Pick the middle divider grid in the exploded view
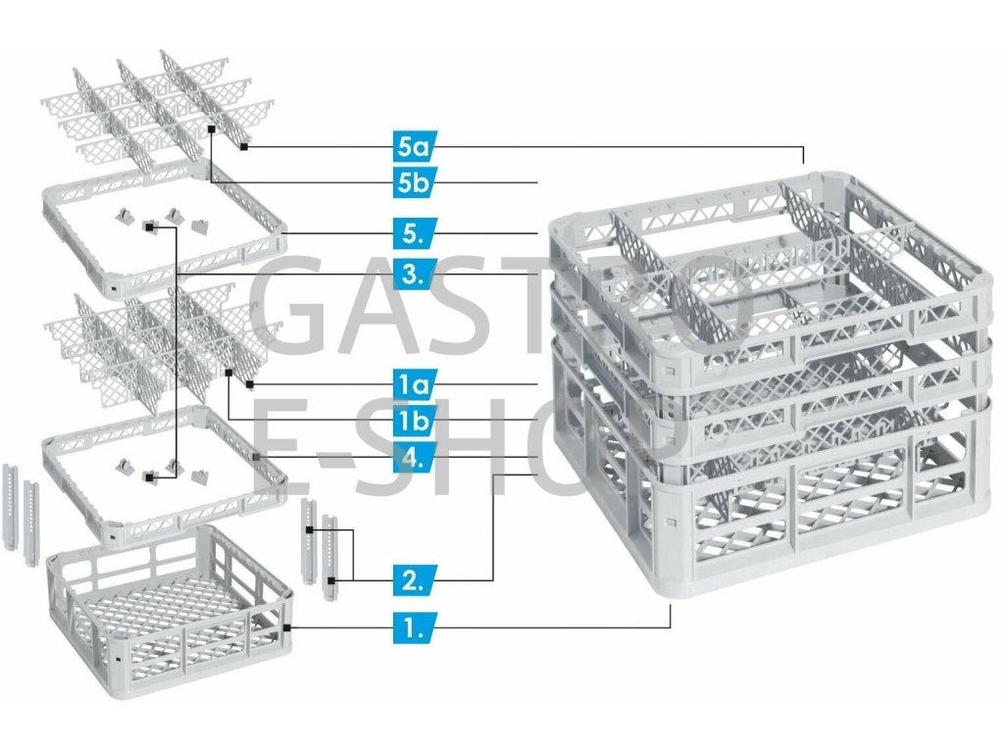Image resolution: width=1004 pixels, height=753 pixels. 157,343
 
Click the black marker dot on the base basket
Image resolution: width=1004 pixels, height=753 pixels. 286,626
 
